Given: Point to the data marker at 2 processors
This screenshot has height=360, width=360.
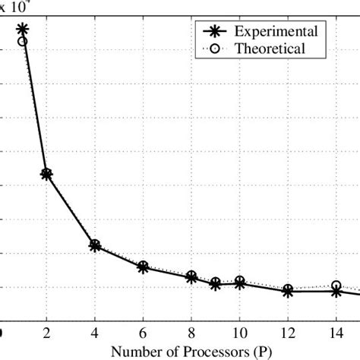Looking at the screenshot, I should pos(46,174).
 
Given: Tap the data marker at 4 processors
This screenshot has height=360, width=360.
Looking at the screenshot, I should pos(95,245).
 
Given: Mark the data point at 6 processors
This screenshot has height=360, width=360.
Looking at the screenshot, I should pos(143,267).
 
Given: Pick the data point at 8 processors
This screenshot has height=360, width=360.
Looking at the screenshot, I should pos(191,276).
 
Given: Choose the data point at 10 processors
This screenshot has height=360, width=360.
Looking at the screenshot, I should pos(240,282).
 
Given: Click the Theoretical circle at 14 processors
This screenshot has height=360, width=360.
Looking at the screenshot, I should pos(336,286).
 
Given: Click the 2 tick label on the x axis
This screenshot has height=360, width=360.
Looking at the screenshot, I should pos(46,333).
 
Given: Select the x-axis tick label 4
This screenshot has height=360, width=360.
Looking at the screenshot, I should pos(95,333).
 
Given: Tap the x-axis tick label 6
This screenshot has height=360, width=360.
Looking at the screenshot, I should pos(143,333).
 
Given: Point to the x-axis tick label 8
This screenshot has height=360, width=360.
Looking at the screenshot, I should pos(191,333).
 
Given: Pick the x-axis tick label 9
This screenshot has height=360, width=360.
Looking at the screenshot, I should pos(216,333).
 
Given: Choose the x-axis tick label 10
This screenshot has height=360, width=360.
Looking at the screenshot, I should pos(240,333).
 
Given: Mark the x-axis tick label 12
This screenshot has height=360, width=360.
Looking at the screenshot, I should pos(288,333).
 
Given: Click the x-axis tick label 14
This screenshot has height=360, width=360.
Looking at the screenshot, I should pos(336,333).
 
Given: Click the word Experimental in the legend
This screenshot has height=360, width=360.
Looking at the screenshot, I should pos(275,31).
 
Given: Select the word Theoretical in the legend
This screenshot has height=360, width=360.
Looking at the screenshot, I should pos(270,49).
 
